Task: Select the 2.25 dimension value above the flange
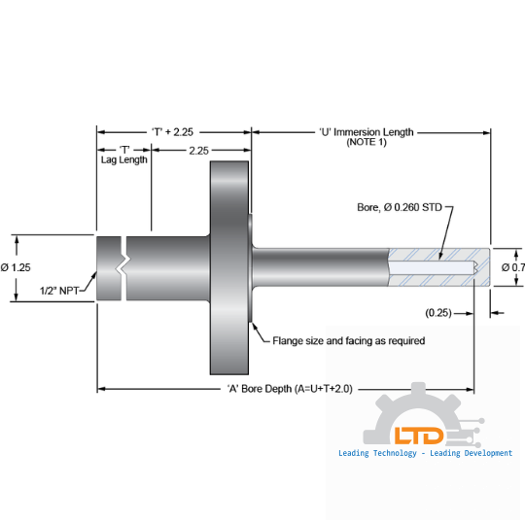click(x=198, y=151)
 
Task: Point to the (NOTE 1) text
click(x=367, y=143)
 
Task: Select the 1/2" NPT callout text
click(x=59, y=290)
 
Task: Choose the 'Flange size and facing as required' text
click(x=347, y=341)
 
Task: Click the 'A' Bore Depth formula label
click(x=289, y=388)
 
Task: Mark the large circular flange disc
click(x=229, y=267)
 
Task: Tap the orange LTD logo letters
click(x=419, y=436)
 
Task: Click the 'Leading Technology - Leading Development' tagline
click(x=425, y=453)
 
